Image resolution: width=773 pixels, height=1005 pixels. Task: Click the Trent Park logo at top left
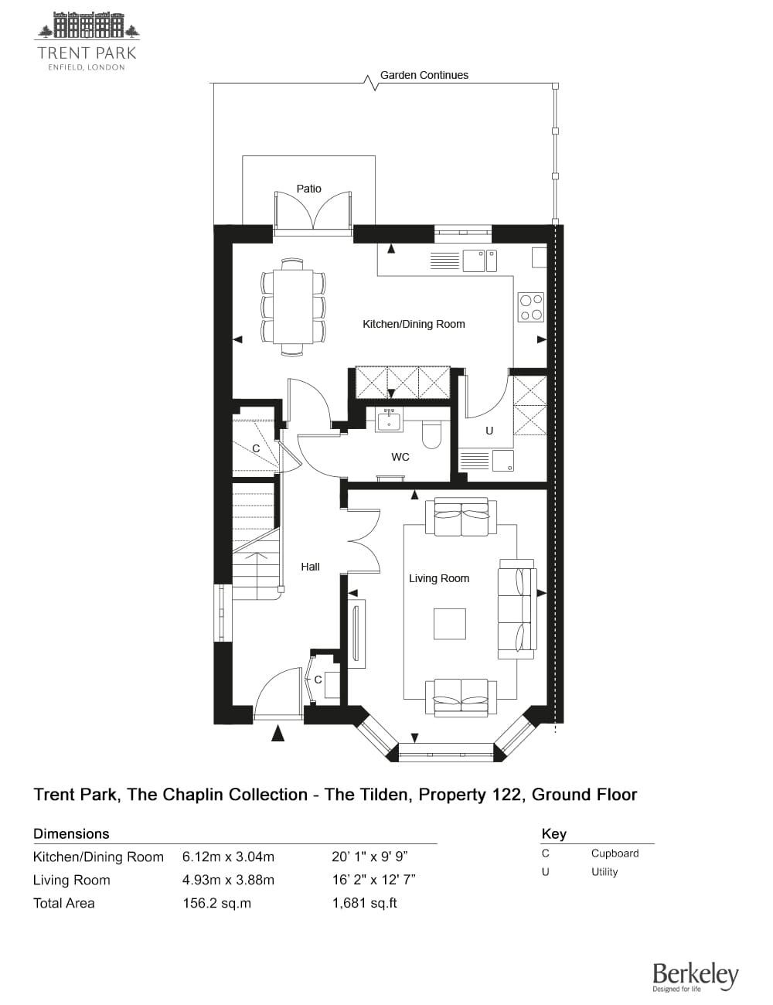pos(87,41)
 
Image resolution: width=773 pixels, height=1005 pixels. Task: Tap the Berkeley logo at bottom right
pos(695,976)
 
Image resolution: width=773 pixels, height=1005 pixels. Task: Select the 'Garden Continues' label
pos(424,75)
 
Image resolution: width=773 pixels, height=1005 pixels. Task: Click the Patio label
pos(308,189)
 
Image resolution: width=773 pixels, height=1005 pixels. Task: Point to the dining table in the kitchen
pos(293,308)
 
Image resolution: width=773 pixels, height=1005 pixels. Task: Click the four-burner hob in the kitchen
pos(531,306)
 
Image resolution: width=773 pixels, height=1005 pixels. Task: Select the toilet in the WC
pos(431,435)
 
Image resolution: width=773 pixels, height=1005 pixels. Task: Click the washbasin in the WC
pos(387,420)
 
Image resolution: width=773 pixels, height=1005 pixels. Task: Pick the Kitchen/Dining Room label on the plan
pos(414,324)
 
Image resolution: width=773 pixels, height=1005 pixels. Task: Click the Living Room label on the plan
pos(438,578)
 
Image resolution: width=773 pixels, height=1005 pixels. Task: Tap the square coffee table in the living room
pos(449,624)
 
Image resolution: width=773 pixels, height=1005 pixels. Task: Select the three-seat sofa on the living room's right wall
pos(516,608)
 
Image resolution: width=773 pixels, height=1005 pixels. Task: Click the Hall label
pos(310,567)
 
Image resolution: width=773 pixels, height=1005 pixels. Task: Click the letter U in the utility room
pos(489,431)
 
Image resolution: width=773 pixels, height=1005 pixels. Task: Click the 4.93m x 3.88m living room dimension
pos(228,880)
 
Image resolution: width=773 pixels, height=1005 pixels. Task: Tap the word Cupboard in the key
pos(615,853)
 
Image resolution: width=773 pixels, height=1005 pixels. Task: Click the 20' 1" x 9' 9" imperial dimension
pos(369,857)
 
